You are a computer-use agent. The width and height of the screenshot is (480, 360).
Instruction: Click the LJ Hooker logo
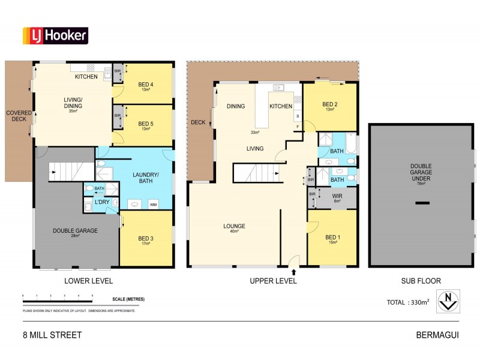pyautogui.click(x=55, y=35)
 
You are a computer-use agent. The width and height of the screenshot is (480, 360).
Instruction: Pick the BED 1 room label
pyautogui.click(x=332, y=237)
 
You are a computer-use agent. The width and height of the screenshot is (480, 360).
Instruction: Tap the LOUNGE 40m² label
pyautogui.click(x=234, y=227)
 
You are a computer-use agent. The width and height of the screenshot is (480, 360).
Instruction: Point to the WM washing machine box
pyautogui.click(x=153, y=205)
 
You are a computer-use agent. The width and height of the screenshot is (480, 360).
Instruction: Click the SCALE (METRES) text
pyautogui.click(x=128, y=299)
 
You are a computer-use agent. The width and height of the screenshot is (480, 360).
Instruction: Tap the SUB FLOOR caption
pyautogui.click(x=421, y=281)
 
